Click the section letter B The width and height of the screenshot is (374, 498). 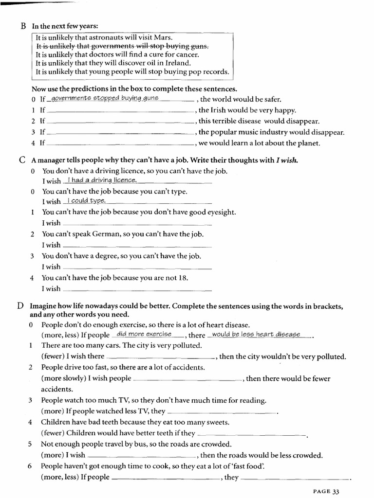coord(23,26)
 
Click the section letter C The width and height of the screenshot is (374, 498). coord(23,160)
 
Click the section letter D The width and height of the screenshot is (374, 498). coord(20,306)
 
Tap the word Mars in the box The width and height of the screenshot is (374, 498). coord(163,37)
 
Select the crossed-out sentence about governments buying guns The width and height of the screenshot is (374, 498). coord(122,46)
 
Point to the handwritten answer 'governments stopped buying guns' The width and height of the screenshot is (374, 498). coord(105,98)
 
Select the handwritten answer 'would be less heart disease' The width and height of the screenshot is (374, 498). coord(256,334)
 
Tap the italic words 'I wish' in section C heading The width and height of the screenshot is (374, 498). coord(287,160)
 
